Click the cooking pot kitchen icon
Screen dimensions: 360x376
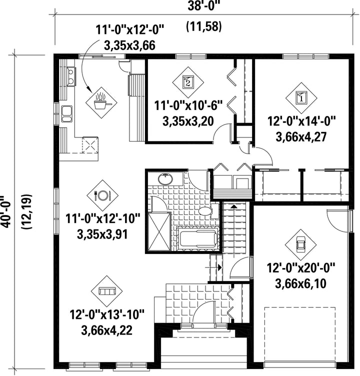[102, 102]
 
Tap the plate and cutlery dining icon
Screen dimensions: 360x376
[102, 195]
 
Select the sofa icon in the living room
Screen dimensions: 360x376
[107, 291]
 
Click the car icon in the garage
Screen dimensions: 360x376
[301, 245]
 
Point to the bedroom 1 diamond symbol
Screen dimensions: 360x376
[301, 98]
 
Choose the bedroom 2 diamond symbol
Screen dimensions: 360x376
[188, 82]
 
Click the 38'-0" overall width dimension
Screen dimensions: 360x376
[204, 6]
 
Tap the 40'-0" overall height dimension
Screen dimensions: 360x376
[6, 211]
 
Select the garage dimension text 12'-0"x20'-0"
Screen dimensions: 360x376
[301, 267]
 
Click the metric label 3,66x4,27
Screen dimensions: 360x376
[301, 137]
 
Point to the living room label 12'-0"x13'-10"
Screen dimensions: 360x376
[107, 314]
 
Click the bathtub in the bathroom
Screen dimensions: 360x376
[198, 238]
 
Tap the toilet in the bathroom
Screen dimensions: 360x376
[208, 211]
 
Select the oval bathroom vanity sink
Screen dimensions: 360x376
[165, 179]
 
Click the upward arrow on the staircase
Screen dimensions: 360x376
[234, 206]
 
